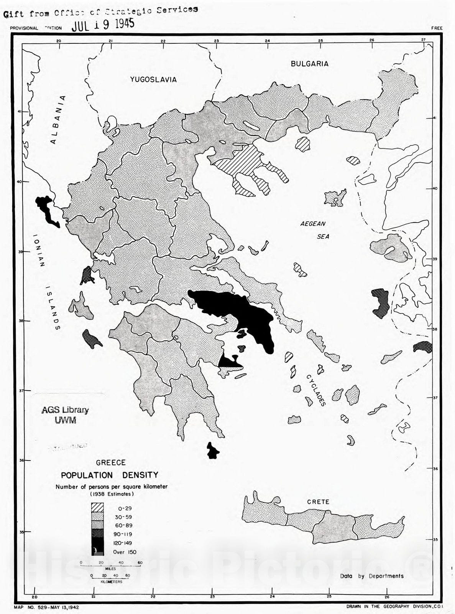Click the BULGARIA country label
tap(309, 64)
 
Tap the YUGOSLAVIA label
tap(153, 79)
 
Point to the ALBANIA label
tap(57, 120)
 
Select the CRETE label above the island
tap(318, 502)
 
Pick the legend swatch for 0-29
tap(97, 508)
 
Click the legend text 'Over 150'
tap(124, 552)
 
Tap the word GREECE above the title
tap(110, 462)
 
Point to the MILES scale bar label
tap(110, 569)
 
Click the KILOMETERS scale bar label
tap(111, 581)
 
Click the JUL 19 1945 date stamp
tap(103, 25)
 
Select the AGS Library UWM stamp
tap(65, 415)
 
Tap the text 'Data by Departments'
tap(371, 576)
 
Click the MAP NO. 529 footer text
tap(46, 607)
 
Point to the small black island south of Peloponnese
tap(212, 451)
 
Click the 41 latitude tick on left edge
tap(19, 111)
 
